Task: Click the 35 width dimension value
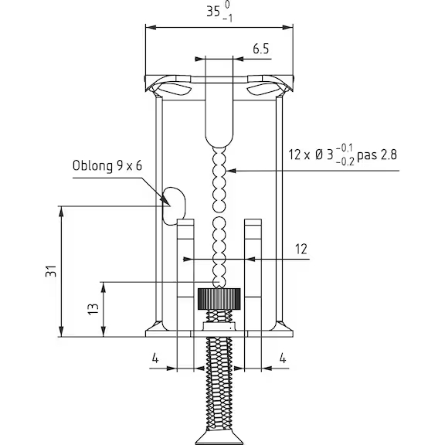pos(213,12)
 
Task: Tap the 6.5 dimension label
pos(261,49)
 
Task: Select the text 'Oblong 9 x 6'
pos(107,165)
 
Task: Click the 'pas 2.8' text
pos(376,155)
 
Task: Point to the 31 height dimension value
pos(51,271)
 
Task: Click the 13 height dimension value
pos(93,309)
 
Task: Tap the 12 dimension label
pos(301,250)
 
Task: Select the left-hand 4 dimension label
pos(155,358)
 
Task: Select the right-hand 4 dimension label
pos(283,358)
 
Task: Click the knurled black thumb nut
pos(219,299)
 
